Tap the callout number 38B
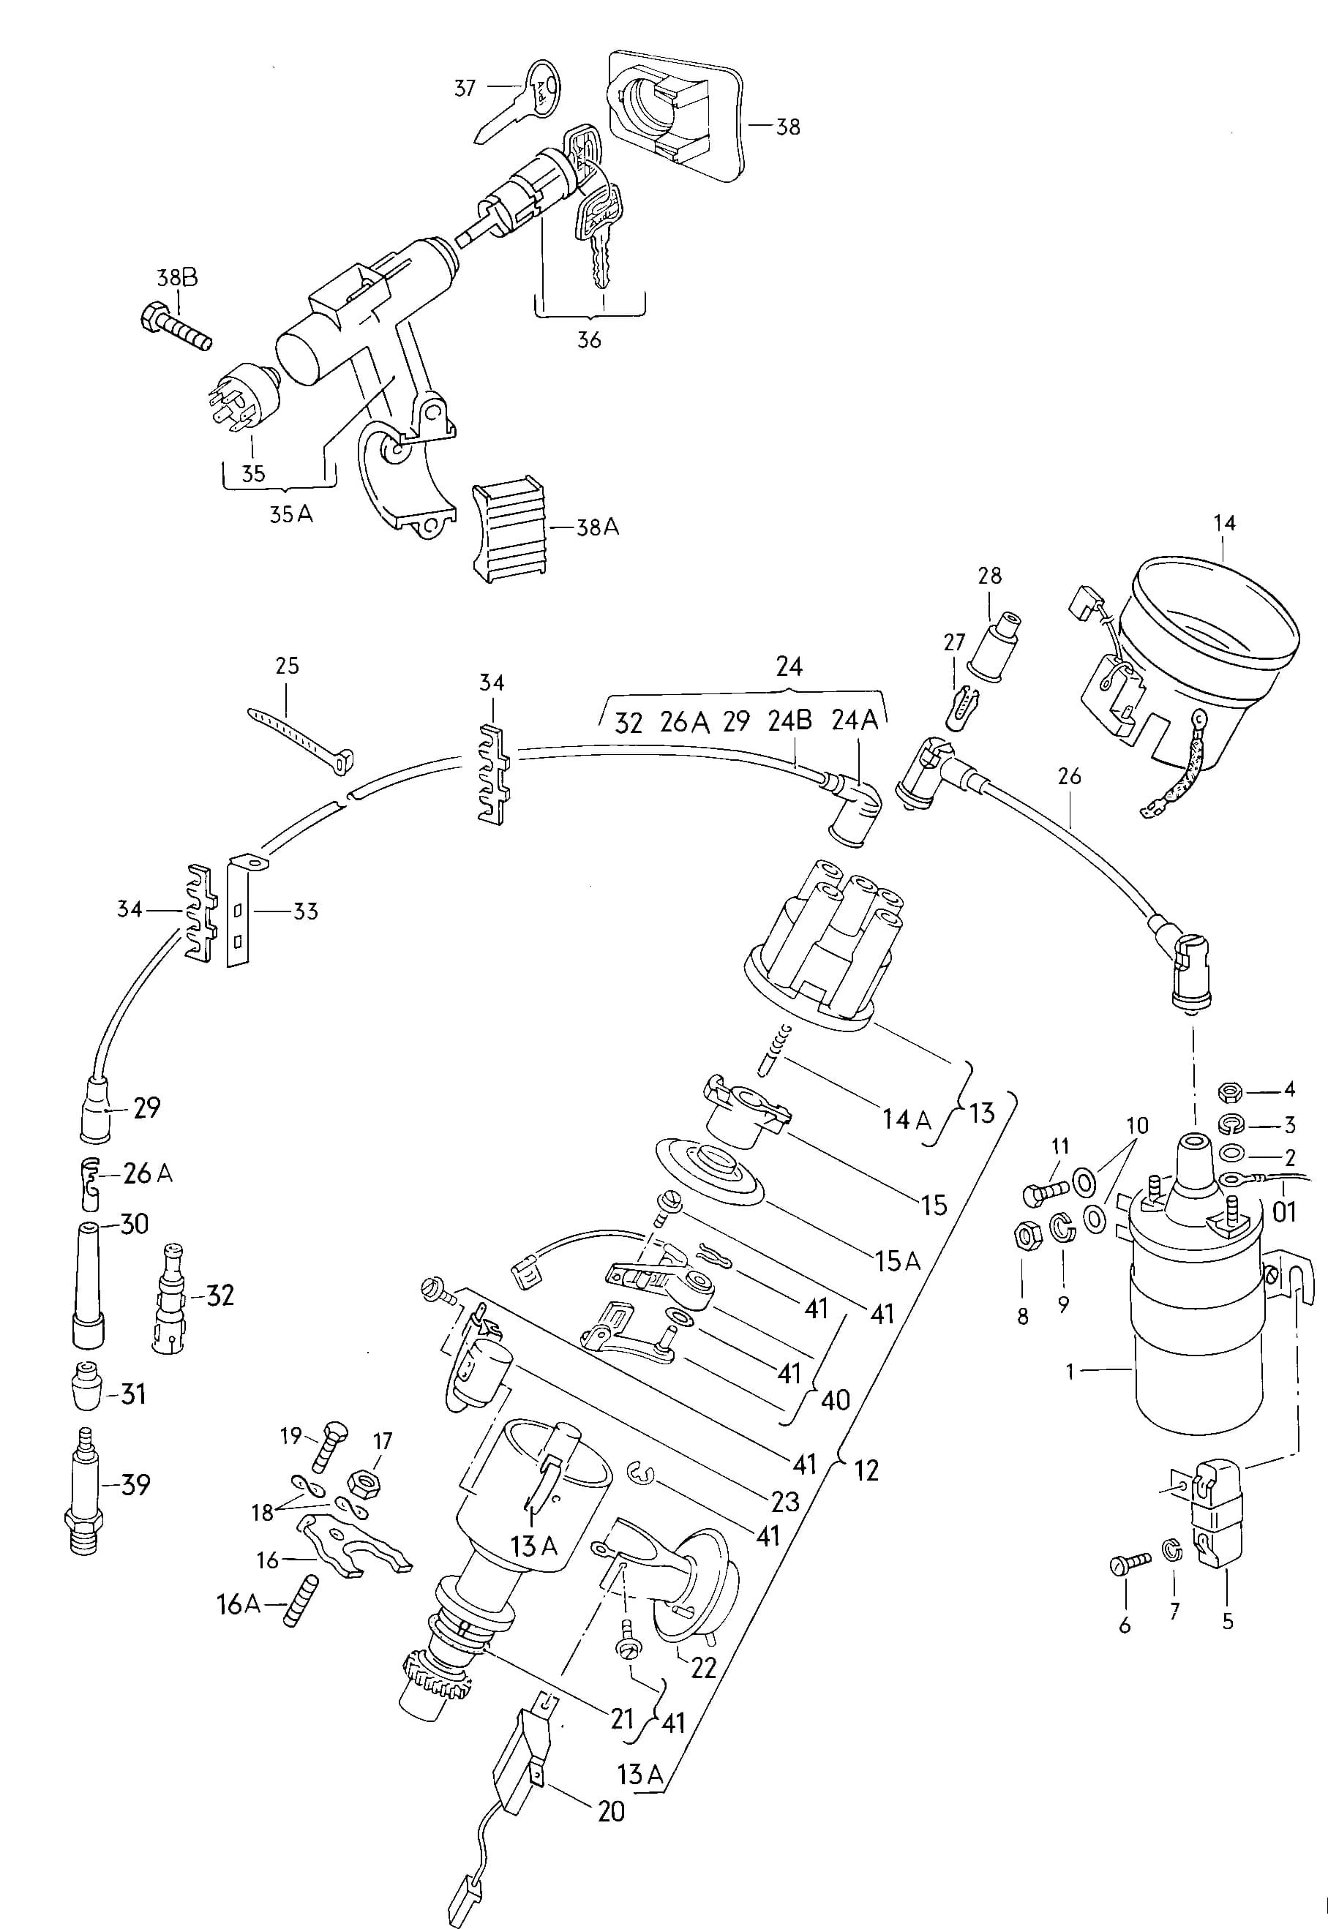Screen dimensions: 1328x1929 pyautogui.click(x=177, y=278)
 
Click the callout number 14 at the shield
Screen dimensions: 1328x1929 pyautogui.click(x=1224, y=522)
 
